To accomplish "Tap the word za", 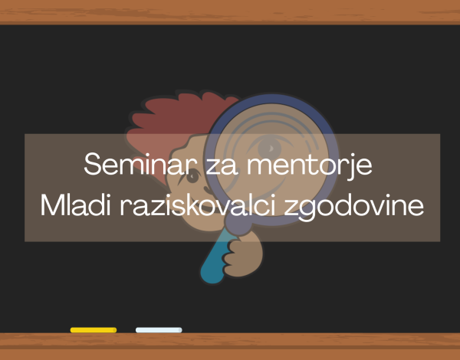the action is (222, 167).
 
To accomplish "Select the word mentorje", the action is (310, 166).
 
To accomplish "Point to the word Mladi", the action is (75, 205).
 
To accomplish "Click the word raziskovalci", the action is (198, 205).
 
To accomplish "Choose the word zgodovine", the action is (354, 208).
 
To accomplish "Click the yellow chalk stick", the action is (94, 330).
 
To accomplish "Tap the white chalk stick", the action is (159, 330).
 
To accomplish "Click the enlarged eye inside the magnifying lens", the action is (269, 148).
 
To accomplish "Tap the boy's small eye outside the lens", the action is (192, 176).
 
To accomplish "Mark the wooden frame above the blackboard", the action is (230, 11).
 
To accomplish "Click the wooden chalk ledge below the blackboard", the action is (230, 346).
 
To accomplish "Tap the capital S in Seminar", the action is (93, 164).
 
